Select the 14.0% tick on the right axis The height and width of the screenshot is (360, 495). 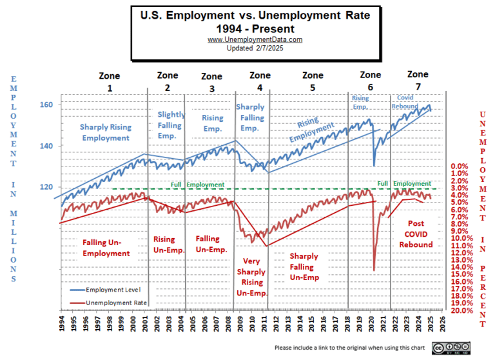point(460,267)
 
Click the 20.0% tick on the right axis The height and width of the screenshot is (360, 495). point(460,310)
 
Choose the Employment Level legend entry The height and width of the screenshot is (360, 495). point(110,290)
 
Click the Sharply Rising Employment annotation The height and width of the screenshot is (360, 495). point(104,132)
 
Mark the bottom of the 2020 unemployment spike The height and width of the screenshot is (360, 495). point(374,270)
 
